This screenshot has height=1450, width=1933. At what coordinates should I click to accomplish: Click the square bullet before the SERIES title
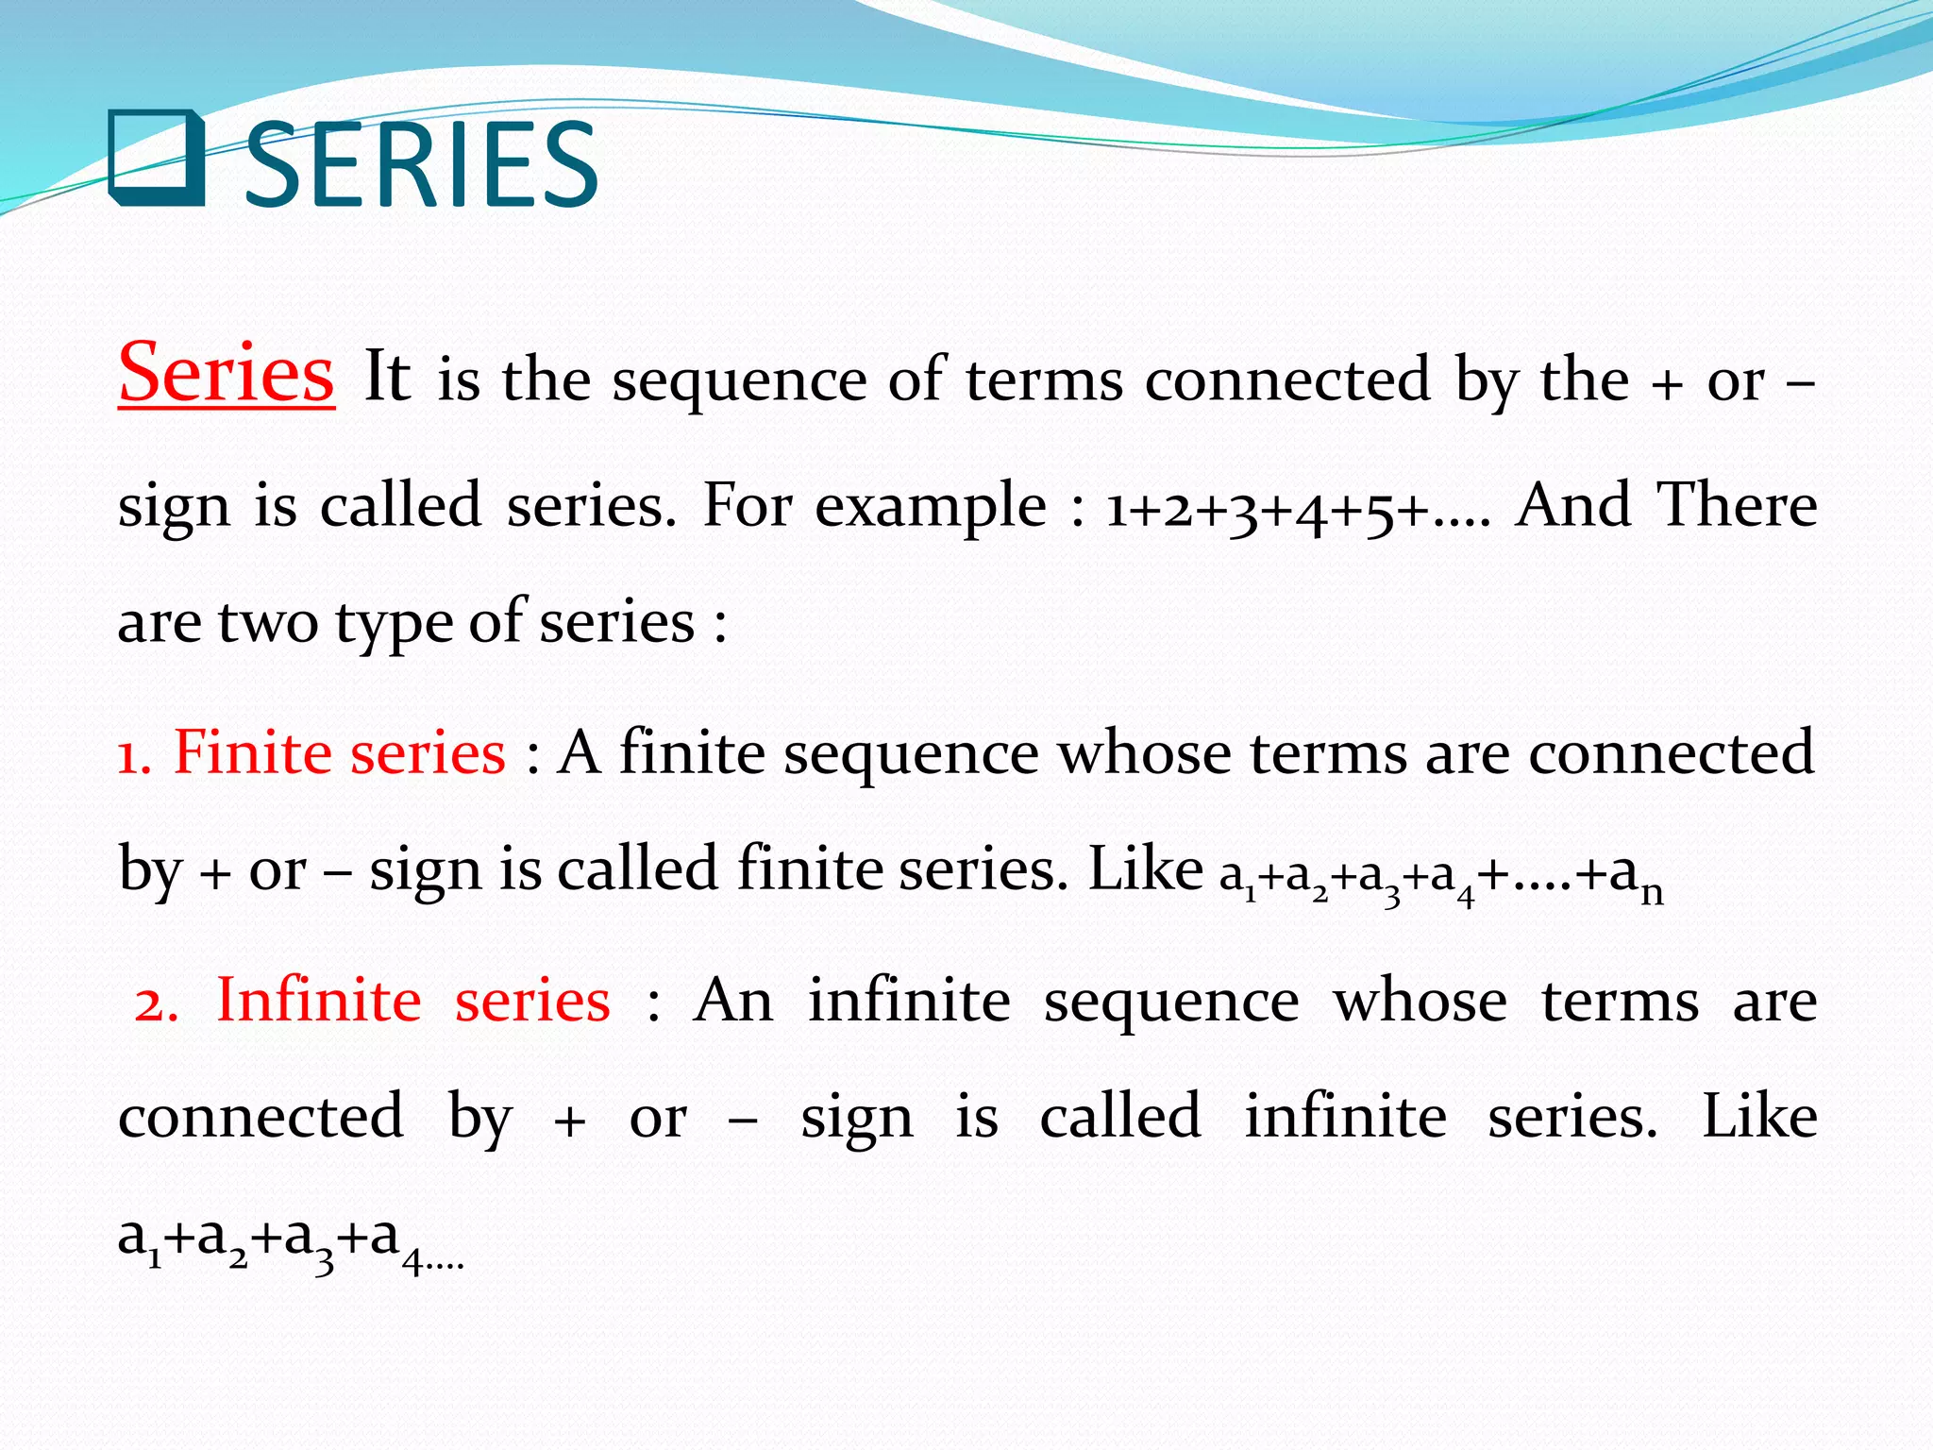[x=157, y=158]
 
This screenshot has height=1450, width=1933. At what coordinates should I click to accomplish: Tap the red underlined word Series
[x=226, y=373]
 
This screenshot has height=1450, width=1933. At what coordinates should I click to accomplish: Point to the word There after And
[x=1737, y=505]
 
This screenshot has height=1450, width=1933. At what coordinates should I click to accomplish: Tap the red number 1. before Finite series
[x=134, y=756]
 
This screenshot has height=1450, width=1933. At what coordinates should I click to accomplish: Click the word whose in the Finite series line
[x=1143, y=753]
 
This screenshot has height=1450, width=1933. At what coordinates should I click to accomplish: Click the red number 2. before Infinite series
[x=156, y=1003]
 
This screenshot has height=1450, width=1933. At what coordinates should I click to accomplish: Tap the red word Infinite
[x=319, y=1001]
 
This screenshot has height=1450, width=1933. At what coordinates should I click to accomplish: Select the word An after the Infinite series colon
[x=733, y=1001]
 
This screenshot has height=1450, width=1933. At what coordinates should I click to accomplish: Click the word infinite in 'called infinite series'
[x=1346, y=1117]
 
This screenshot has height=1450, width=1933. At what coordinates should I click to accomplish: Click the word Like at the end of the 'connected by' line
[x=1759, y=1117]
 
